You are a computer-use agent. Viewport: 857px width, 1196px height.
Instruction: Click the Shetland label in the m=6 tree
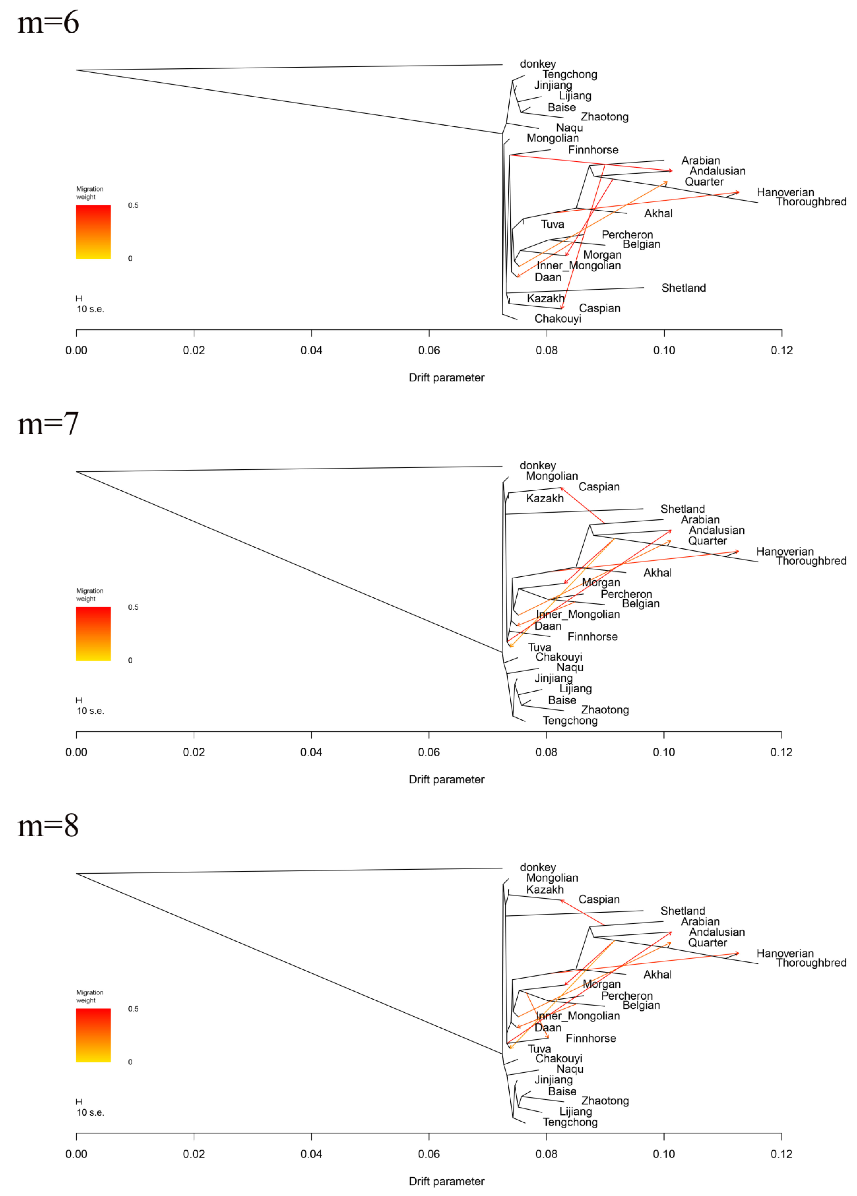[x=683, y=288]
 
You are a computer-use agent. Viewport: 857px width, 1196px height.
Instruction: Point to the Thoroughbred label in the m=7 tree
[x=811, y=561]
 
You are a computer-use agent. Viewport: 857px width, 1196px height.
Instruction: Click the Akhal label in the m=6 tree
[x=658, y=214]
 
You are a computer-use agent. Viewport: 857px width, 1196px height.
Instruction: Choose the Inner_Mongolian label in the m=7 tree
[x=578, y=614]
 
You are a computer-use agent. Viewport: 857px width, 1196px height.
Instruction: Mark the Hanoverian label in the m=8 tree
[x=785, y=953]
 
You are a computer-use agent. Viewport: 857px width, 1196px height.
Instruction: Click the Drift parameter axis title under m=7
[x=447, y=779]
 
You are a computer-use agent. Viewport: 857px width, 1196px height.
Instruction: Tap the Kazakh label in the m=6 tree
[x=545, y=299]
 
